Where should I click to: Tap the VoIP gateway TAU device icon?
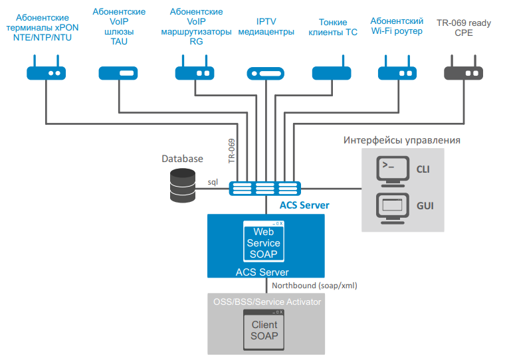pyautogui.click(x=118, y=73)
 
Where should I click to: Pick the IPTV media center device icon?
pyautogui.click(x=266, y=74)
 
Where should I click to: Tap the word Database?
pyautogui.click(x=182, y=159)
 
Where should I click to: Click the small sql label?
pyautogui.click(x=213, y=181)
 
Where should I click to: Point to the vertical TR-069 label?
pyautogui.click(x=232, y=151)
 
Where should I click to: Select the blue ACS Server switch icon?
pyautogui.click(x=264, y=188)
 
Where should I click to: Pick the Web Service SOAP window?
pyautogui.click(x=264, y=241)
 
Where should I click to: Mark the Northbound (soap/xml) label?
pyautogui.click(x=314, y=285)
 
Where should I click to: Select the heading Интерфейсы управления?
pyautogui.click(x=401, y=140)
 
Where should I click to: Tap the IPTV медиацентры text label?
pyautogui.click(x=266, y=26)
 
